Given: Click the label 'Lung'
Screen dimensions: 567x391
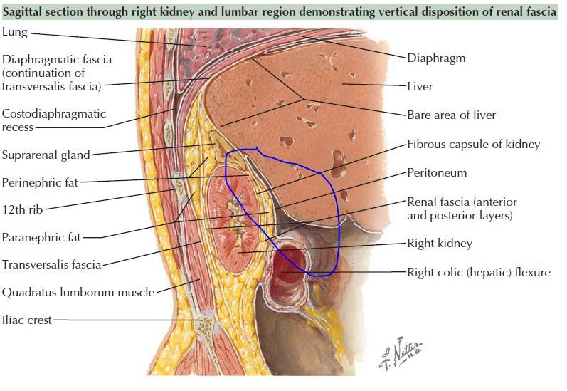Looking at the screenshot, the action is coord(15,33).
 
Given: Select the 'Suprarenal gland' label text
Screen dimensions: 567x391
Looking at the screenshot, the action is coord(46,155).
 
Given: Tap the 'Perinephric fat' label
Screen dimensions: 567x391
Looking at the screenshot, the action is coord(40,182).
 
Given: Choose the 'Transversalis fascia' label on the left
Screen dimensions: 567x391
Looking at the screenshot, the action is coord(51,265).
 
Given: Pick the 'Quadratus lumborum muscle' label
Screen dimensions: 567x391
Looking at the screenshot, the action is coord(78,292).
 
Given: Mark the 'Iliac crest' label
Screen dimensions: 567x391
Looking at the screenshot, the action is coord(27,320).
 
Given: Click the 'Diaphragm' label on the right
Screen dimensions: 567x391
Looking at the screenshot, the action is coord(436,58).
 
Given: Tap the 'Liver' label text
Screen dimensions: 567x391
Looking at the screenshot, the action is coord(420,87).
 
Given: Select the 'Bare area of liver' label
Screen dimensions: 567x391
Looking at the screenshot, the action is coord(451,115).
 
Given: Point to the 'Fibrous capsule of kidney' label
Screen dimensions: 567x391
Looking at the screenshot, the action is coord(473,144).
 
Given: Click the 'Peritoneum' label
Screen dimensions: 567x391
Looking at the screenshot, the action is coord(437,172).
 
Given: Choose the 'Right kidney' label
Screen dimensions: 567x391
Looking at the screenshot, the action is coord(439,244).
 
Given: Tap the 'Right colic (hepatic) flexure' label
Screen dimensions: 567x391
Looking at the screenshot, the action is coord(478,272).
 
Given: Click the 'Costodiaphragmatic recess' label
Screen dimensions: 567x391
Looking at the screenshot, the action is coord(53,120).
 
